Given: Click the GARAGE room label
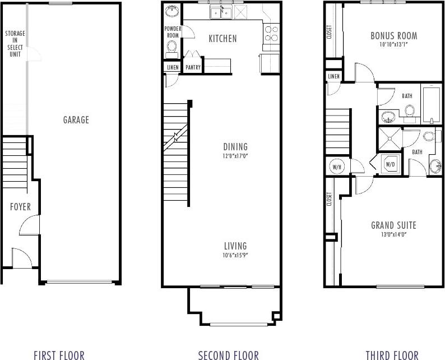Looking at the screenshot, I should click(76, 120).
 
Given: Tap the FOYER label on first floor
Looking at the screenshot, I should click(20, 207).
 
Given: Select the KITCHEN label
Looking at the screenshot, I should click(222, 39).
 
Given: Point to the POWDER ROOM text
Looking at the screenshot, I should click(172, 32).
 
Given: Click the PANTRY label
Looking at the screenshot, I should click(193, 67).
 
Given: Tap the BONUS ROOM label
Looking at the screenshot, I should click(393, 36).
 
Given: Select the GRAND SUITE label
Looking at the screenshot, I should click(393, 225).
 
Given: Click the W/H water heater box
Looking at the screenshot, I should click(337, 167).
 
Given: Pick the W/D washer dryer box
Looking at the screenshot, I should click(391, 165).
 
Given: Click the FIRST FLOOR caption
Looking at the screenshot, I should click(59, 354).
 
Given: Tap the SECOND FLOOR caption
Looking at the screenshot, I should click(229, 354).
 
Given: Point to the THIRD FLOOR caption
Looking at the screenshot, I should click(392, 354).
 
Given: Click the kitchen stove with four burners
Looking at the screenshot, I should click(271, 35).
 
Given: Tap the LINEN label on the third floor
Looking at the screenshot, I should click(334, 76).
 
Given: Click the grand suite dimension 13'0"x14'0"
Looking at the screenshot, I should click(393, 235).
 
